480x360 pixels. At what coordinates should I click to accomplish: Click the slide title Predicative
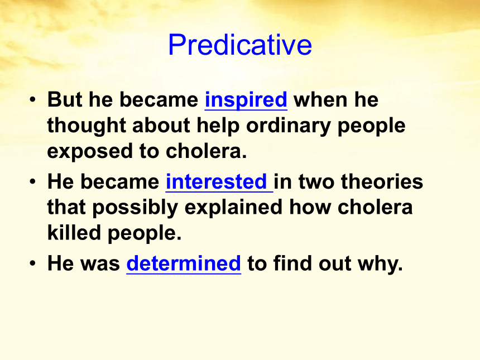[240, 45]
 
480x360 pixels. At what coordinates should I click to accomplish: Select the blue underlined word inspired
[246, 100]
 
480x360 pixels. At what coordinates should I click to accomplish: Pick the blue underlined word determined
[184, 263]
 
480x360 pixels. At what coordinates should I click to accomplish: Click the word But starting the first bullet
[65, 99]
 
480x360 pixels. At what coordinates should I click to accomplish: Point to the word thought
[87, 126]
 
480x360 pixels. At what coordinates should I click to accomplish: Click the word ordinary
[289, 126]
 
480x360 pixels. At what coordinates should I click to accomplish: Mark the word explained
[233, 208]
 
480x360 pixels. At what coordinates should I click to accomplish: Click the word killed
[74, 233]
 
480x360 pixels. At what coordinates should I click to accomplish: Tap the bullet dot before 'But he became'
[32, 99]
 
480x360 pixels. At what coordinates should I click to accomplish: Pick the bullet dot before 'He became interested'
[32, 181]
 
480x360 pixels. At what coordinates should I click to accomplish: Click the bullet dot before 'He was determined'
[32, 263]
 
